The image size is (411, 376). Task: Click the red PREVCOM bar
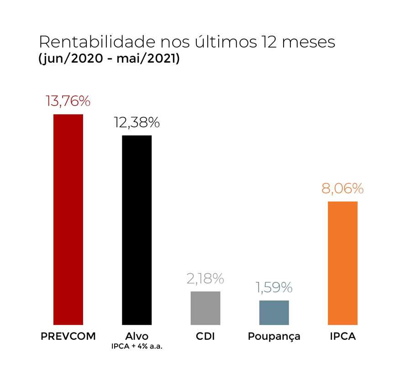(x=68, y=219)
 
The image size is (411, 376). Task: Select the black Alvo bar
(x=137, y=230)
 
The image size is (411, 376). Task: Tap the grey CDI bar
(x=205, y=307)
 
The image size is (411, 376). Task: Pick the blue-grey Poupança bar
(x=274, y=312)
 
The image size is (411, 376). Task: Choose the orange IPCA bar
(x=342, y=263)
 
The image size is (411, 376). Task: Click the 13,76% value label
(x=68, y=101)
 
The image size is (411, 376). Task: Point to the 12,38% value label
(x=137, y=122)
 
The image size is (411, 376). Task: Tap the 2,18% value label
(x=205, y=278)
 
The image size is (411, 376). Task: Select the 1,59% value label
(x=274, y=287)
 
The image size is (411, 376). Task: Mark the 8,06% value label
(x=342, y=188)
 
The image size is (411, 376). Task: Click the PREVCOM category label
(x=68, y=337)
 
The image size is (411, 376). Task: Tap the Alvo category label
(x=137, y=337)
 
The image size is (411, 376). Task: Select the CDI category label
(x=205, y=337)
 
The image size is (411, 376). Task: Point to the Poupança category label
(x=274, y=337)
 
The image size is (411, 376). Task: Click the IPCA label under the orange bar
(x=342, y=337)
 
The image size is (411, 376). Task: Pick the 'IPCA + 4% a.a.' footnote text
(x=137, y=347)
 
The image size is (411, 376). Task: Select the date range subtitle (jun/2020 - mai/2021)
(x=109, y=59)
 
